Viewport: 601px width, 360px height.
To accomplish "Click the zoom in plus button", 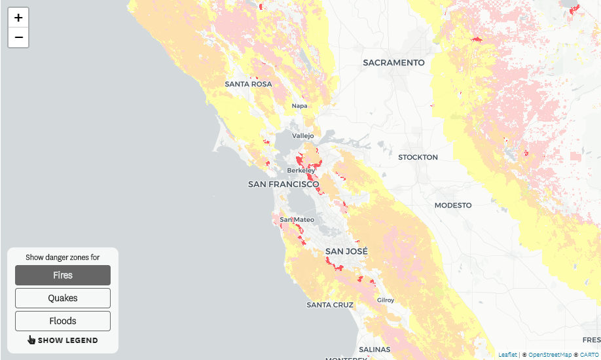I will [18, 18].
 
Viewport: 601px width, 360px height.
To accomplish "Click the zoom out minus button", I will [18, 38].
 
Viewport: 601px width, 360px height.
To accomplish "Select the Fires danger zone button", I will [63, 276].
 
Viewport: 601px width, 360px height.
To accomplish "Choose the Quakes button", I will [63, 298].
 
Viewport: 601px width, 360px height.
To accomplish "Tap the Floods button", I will [63, 321].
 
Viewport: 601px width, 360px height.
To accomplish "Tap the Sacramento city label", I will [393, 63].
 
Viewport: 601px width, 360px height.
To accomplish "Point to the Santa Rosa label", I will [248, 84].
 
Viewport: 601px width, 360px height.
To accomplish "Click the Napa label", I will [299, 106].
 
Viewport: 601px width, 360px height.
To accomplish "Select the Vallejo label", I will [302, 136].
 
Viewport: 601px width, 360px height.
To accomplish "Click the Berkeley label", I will [301, 171].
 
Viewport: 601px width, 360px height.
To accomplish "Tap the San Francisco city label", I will [283, 185].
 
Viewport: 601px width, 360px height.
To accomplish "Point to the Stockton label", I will [418, 158].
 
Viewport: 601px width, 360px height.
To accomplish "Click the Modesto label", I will [453, 206].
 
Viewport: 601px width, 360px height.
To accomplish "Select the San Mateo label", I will [297, 220].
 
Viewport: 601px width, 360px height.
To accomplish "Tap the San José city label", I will [346, 251].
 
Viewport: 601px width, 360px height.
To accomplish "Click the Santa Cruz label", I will [330, 305].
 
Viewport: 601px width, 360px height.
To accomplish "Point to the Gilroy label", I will [386, 300].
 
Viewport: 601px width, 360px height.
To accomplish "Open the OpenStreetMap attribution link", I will [550, 355].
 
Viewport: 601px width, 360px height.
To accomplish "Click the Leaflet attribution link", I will [507, 355].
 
